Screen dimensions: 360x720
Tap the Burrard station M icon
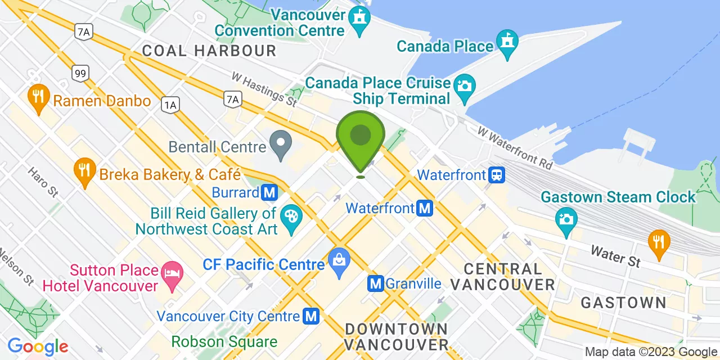[x=270, y=193]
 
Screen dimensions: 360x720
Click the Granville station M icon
[x=376, y=283]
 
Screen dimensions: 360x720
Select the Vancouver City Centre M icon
[x=310, y=316]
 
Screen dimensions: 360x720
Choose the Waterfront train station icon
[x=496, y=175]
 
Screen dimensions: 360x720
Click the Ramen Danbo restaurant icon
[x=38, y=97]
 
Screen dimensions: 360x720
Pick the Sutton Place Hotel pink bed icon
[x=171, y=274]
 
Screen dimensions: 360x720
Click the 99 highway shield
[x=79, y=73]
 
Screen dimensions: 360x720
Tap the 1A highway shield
[x=170, y=104]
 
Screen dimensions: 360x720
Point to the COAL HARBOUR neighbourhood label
[x=209, y=51]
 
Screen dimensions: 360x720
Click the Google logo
[x=38, y=346]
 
